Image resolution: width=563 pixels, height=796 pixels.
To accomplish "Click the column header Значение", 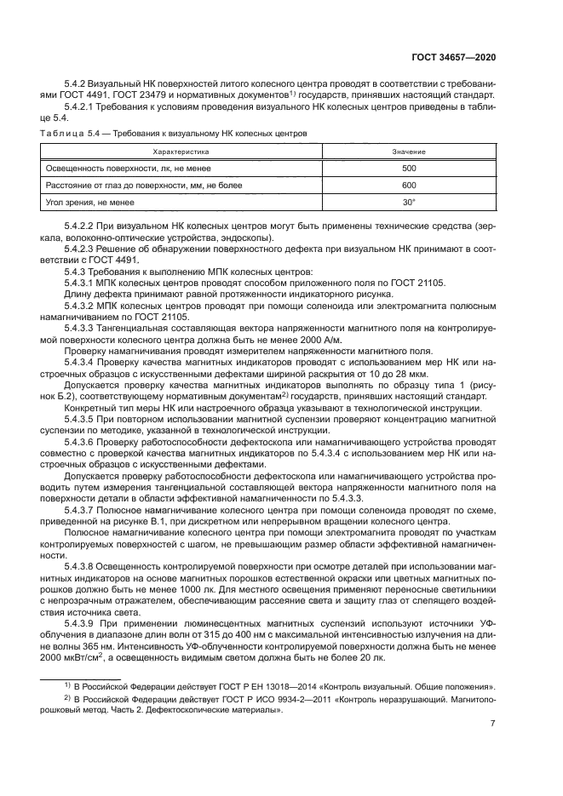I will [x=409, y=151].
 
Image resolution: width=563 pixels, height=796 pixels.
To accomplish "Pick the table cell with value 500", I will [x=409, y=168].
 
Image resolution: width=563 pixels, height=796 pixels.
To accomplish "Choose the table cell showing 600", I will [x=409, y=185].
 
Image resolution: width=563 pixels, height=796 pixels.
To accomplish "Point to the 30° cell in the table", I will [x=409, y=202].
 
